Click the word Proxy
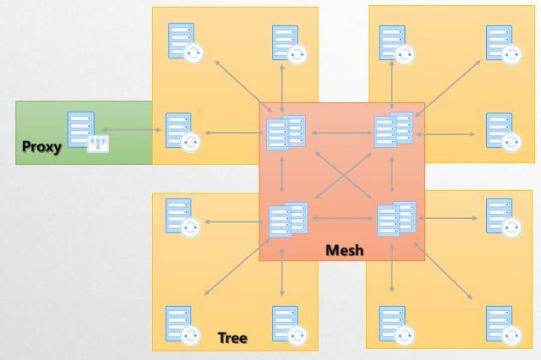pyautogui.click(x=41, y=147)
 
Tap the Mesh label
pyautogui.click(x=344, y=250)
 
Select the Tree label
pyautogui.click(x=232, y=337)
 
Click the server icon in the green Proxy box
pyautogui.click(x=85, y=131)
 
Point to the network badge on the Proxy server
pyautogui.click(x=98, y=144)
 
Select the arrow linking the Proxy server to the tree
pyautogui.click(x=132, y=129)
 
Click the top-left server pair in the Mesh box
pyautogui.click(x=286, y=133)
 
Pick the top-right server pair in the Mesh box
pyautogui.click(x=394, y=130)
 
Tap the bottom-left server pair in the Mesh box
pyautogui.click(x=288, y=220)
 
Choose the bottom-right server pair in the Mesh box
pyautogui.click(x=396, y=219)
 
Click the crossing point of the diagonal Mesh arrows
pyautogui.click(x=343, y=176)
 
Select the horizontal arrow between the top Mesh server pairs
pyautogui.click(x=342, y=133)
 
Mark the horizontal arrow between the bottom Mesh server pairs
pyautogui.click(x=342, y=218)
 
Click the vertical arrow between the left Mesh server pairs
pyautogui.click(x=281, y=174)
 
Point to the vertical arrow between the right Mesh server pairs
pyautogui.click(x=391, y=174)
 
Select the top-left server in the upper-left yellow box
pyautogui.click(x=186, y=43)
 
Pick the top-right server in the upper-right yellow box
pyautogui.click(x=504, y=45)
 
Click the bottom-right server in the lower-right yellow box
pyautogui.click(x=504, y=325)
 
